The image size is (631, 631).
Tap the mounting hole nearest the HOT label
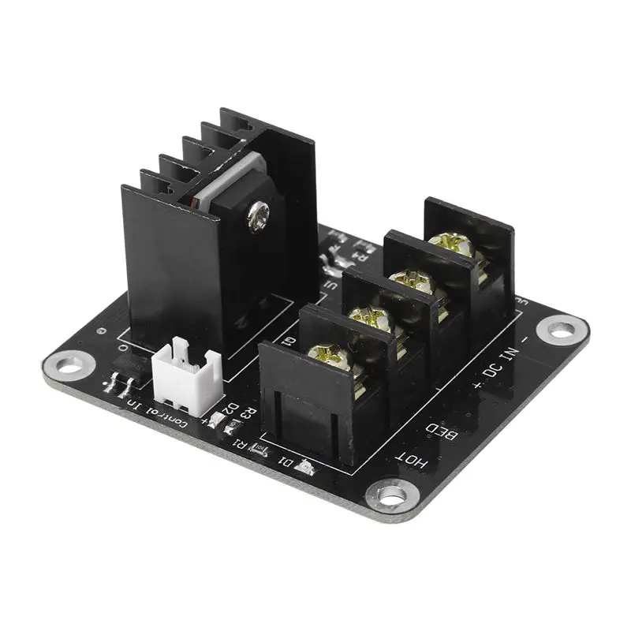coord(392,495)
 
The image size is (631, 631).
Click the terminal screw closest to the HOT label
coord(319,356)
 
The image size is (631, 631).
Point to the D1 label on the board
coord(285,461)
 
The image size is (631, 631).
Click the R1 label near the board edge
coord(238,441)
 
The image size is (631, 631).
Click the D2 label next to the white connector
coord(229,408)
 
